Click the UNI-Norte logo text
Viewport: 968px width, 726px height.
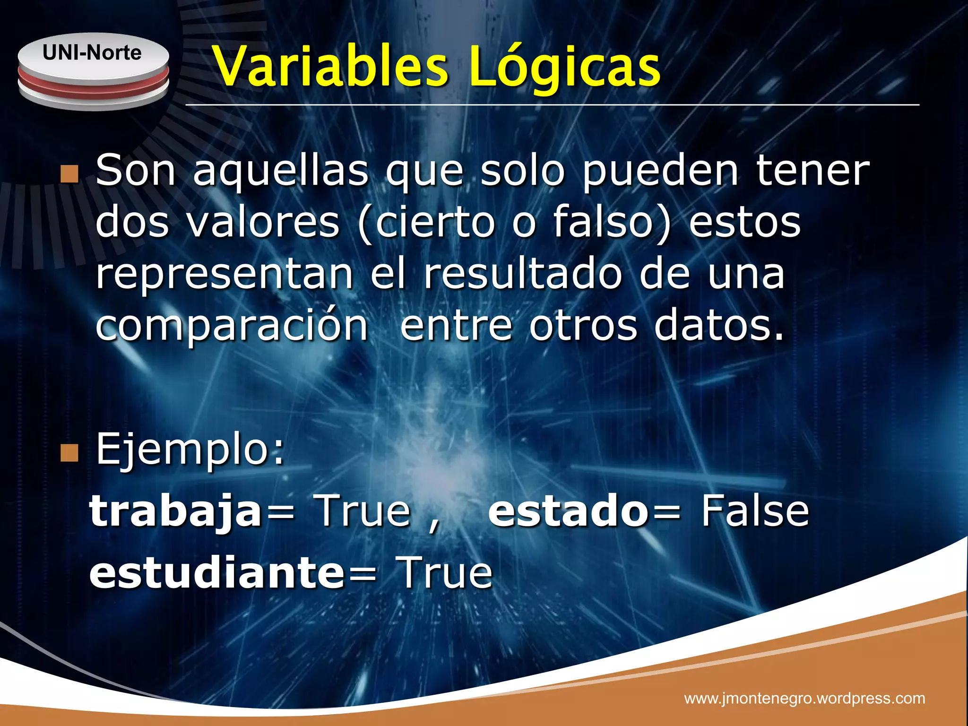pos(92,53)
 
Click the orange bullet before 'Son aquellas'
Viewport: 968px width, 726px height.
pos(69,174)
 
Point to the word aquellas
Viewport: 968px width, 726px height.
pos(280,171)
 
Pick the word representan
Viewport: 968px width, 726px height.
pos(224,276)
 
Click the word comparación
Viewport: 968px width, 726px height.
pos(232,327)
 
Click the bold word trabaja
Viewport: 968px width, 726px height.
pos(176,511)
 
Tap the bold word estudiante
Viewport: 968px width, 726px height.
pos(217,572)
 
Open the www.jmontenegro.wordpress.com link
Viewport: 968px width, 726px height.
pos(804,698)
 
